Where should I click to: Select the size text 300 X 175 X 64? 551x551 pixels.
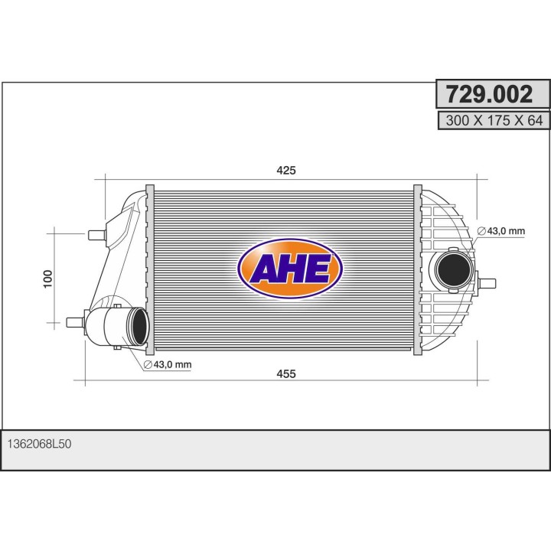[494, 120]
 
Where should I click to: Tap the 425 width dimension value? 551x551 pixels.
[285, 170]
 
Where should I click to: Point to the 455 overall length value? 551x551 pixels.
[285, 373]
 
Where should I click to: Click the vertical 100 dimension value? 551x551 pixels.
[47, 279]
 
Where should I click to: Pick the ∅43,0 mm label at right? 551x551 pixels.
[501, 231]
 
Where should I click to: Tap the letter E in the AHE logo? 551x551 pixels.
[319, 269]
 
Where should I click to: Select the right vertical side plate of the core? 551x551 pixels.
[417, 269]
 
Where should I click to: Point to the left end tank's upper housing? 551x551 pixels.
[126, 218]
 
